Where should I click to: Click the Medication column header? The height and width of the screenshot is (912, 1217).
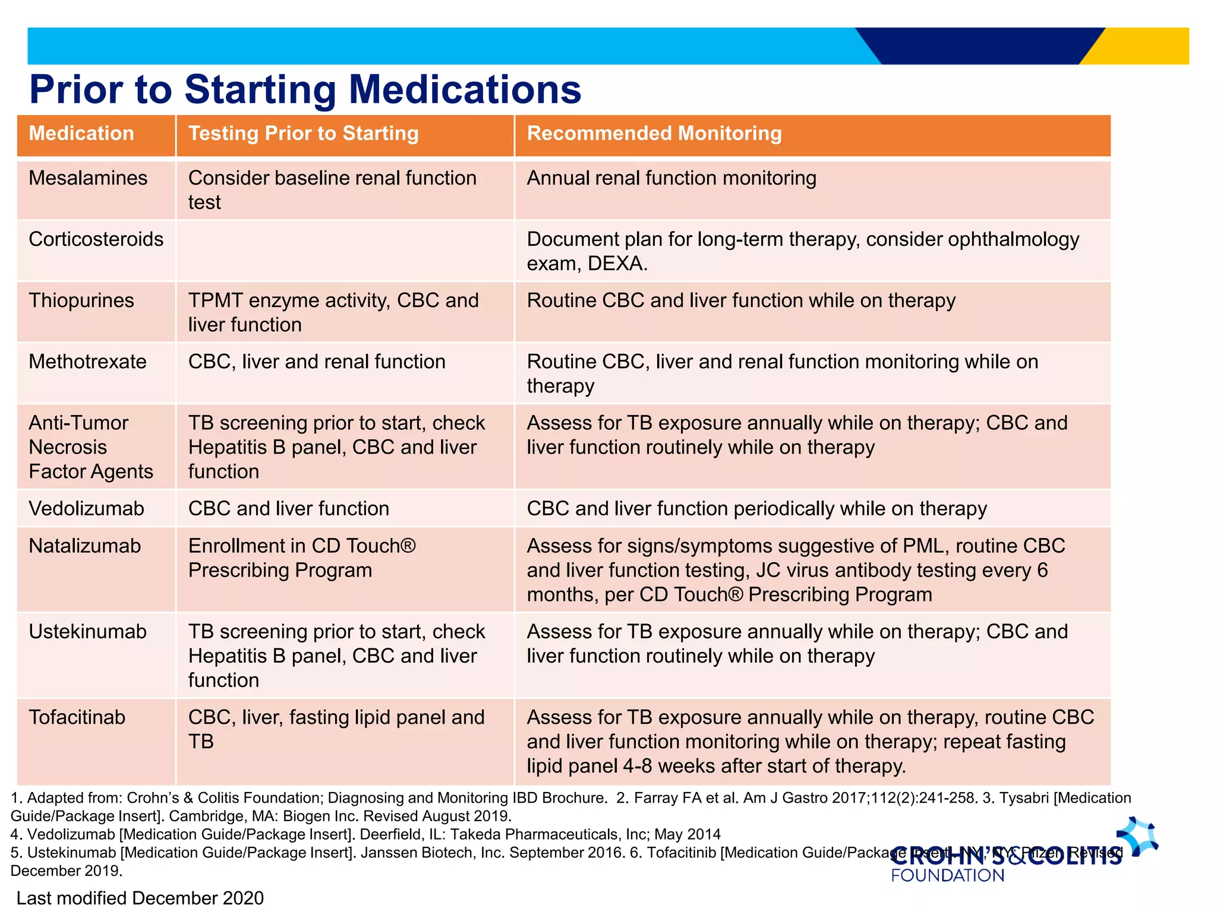pos(81,134)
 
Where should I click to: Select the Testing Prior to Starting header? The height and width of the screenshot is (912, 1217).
pos(303,134)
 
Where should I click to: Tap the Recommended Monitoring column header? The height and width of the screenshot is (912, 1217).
pos(654,134)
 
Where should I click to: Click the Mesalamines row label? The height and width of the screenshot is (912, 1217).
pos(88,178)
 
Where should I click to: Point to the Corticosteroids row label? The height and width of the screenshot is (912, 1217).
pos(96,239)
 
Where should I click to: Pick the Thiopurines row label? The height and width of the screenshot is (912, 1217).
pos(81,300)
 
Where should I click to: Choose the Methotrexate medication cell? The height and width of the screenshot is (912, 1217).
pos(87,362)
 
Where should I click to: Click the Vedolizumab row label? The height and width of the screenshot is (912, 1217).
pos(86,509)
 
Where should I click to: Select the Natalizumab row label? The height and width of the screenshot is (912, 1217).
pos(84,546)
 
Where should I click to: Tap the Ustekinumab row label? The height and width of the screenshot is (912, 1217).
pos(87,632)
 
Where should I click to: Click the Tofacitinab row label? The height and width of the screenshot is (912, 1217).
pos(77,717)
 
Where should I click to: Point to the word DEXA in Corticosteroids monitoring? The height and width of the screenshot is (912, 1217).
pos(616,264)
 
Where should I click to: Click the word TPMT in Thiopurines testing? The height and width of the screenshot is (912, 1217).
pos(215,300)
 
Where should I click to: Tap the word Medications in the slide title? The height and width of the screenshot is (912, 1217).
pos(465,90)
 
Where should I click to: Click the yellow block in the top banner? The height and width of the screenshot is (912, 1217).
pos(1147,46)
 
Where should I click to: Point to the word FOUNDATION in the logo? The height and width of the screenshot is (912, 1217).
pos(947,875)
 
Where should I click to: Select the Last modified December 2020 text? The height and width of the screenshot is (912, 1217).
pos(140,898)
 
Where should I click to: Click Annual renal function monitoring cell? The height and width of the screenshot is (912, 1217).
pos(671,178)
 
